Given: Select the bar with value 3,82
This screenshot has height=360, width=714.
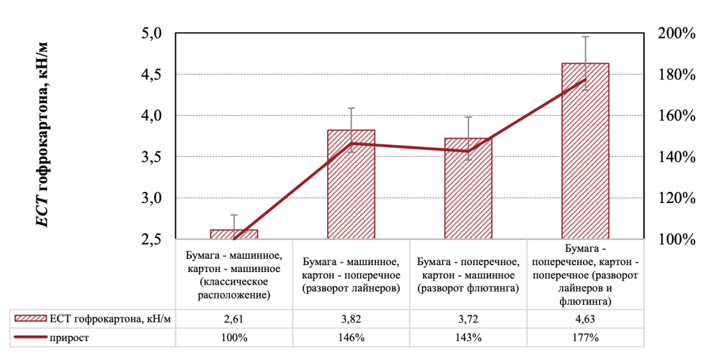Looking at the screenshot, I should click(x=351, y=185).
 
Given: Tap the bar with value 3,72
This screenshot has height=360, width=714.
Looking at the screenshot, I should click(x=468, y=188).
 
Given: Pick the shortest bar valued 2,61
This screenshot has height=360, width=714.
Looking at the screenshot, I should click(x=234, y=234).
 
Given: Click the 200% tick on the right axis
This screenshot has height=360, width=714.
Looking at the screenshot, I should click(x=676, y=33).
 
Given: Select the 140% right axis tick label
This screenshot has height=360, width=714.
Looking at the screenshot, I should click(x=676, y=157).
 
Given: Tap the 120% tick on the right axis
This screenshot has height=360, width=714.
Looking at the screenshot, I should click(x=676, y=198).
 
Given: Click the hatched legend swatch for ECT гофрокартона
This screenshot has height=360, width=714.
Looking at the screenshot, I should click(x=30, y=319).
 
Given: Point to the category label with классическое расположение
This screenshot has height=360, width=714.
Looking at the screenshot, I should click(x=234, y=276).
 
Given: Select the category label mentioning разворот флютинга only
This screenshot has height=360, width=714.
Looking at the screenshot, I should click(x=468, y=276).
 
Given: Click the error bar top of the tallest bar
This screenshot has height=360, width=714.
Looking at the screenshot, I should click(x=585, y=36).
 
